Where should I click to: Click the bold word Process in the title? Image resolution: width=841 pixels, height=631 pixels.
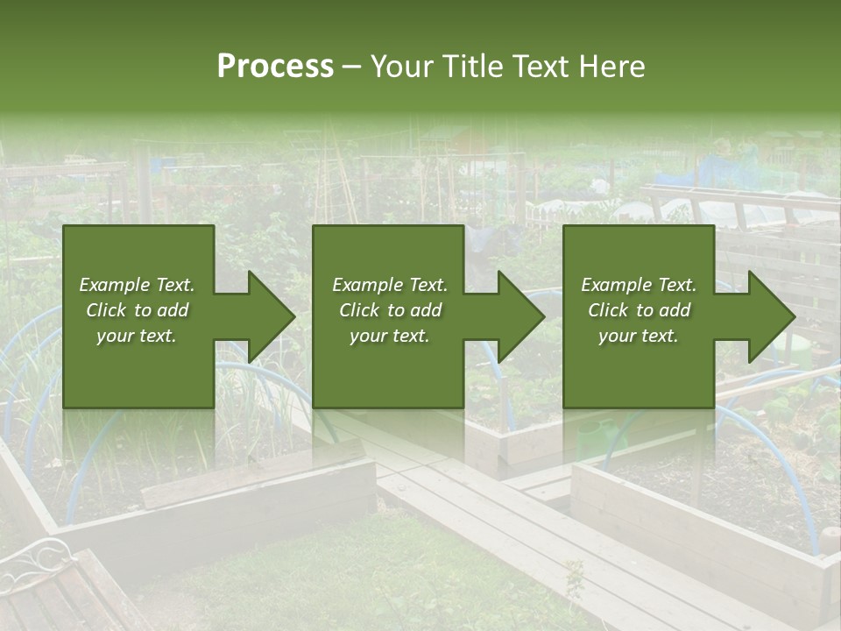275,67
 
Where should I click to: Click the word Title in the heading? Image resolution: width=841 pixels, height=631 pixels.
470,67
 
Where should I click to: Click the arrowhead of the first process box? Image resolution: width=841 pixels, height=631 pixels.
271,316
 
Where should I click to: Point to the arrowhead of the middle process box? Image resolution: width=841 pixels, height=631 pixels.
520,316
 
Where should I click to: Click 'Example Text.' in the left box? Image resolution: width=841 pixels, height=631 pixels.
137,285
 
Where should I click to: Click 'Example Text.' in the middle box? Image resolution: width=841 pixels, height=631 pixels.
390,285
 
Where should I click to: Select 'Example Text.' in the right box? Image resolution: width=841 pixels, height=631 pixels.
639,285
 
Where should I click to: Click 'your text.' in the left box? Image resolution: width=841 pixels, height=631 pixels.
137,336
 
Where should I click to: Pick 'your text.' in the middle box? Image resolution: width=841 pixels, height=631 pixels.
390,336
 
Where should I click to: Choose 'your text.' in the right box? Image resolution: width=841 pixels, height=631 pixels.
639,336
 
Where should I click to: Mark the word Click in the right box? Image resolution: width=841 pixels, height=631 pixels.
609,310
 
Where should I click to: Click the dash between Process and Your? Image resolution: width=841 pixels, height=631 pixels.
351,67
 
